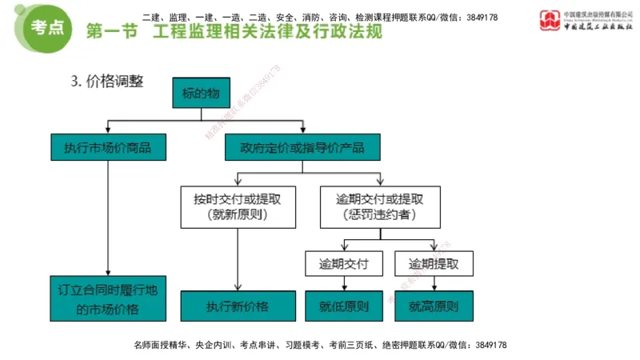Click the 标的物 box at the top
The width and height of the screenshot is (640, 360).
click(x=201, y=94)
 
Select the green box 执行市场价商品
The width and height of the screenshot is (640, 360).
click(x=107, y=147)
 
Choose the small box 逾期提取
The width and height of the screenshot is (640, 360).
click(x=433, y=264)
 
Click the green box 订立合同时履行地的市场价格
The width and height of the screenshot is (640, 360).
click(x=107, y=299)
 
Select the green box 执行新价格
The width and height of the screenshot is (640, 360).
click(x=237, y=306)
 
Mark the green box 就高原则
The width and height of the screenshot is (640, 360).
click(x=433, y=306)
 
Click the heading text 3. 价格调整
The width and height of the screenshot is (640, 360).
click(x=107, y=81)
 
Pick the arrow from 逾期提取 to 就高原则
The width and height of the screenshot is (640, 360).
click(x=433, y=284)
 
